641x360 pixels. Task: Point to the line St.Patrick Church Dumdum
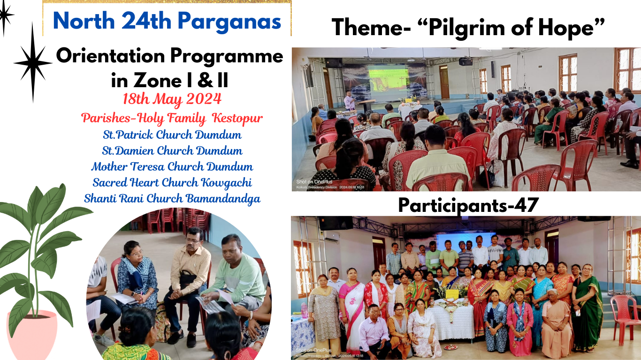click(x=172, y=135)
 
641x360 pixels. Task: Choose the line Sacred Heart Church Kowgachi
click(x=172, y=182)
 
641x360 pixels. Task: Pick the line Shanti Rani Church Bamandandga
click(x=172, y=198)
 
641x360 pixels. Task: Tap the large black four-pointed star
click(x=33, y=62)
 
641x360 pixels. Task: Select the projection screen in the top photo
click(x=388, y=82)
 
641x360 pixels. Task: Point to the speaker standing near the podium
click(x=350, y=101)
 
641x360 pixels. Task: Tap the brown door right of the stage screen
click(x=444, y=82)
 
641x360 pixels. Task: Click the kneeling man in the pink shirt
click(x=374, y=332)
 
